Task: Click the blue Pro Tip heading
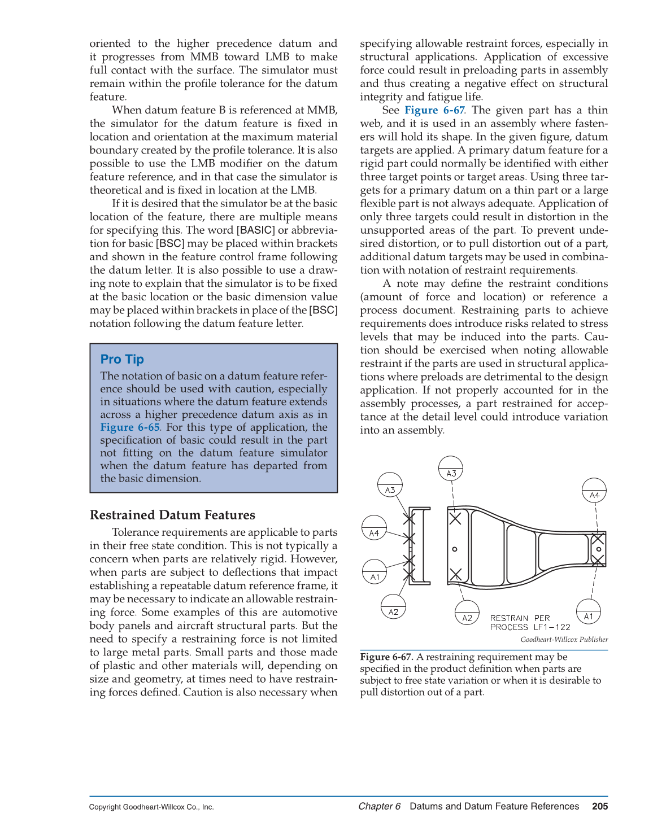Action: coord(122,360)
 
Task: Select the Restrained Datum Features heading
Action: coord(172,515)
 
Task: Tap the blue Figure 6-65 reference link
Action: coord(130,427)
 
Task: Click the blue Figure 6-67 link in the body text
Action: coord(434,110)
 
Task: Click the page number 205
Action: coord(600,806)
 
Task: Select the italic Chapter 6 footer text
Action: coord(379,806)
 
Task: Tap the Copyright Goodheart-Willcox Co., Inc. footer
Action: coord(151,807)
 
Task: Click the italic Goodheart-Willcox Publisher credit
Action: coord(564,640)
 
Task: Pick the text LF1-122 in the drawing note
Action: coord(552,627)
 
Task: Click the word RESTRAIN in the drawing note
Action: coord(509,618)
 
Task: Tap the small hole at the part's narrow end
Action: coord(599,549)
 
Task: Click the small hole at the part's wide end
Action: coord(455,549)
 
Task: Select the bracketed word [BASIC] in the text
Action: coord(256,230)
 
